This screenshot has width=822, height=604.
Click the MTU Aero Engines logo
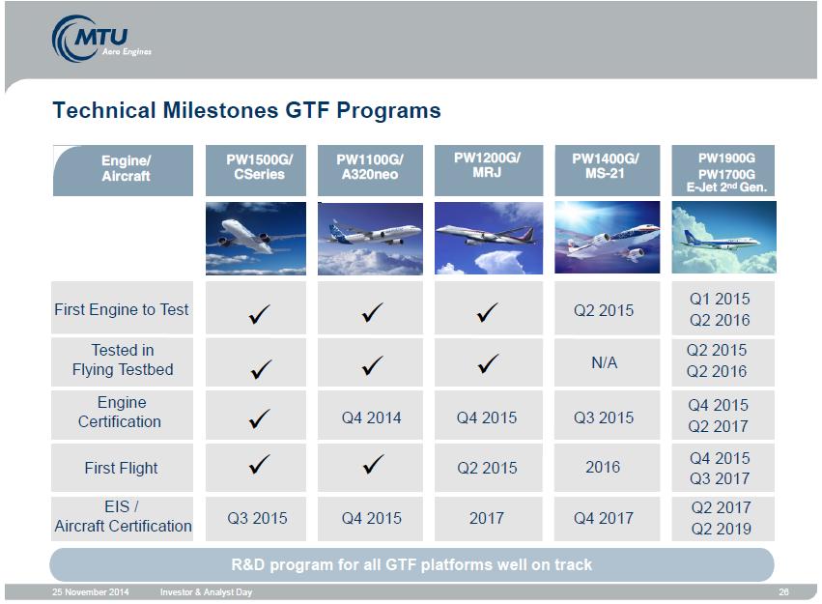tap(100, 39)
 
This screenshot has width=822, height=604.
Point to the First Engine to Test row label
tap(122, 309)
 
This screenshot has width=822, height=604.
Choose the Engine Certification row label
tap(120, 412)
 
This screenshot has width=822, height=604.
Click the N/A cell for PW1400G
tap(605, 362)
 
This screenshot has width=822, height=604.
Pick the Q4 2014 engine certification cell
tap(371, 417)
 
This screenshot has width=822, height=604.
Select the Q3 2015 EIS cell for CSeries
tap(257, 518)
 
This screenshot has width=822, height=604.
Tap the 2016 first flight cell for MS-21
tap(603, 467)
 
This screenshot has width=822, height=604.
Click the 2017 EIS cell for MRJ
tap(487, 518)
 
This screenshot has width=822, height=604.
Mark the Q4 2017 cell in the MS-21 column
tap(604, 518)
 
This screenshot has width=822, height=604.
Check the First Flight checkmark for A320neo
tap(373, 464)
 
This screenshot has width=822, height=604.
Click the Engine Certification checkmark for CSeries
tap(259, 418)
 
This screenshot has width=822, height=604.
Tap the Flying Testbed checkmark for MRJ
tap(488, 362)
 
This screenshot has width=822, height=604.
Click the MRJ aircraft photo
tap(489, 238)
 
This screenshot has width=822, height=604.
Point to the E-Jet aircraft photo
tap(723, 237)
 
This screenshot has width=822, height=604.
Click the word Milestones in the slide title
tap(220, 110)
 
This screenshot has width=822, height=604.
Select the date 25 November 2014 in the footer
tap(90, 592)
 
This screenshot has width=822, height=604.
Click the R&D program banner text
tap(411, 564)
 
